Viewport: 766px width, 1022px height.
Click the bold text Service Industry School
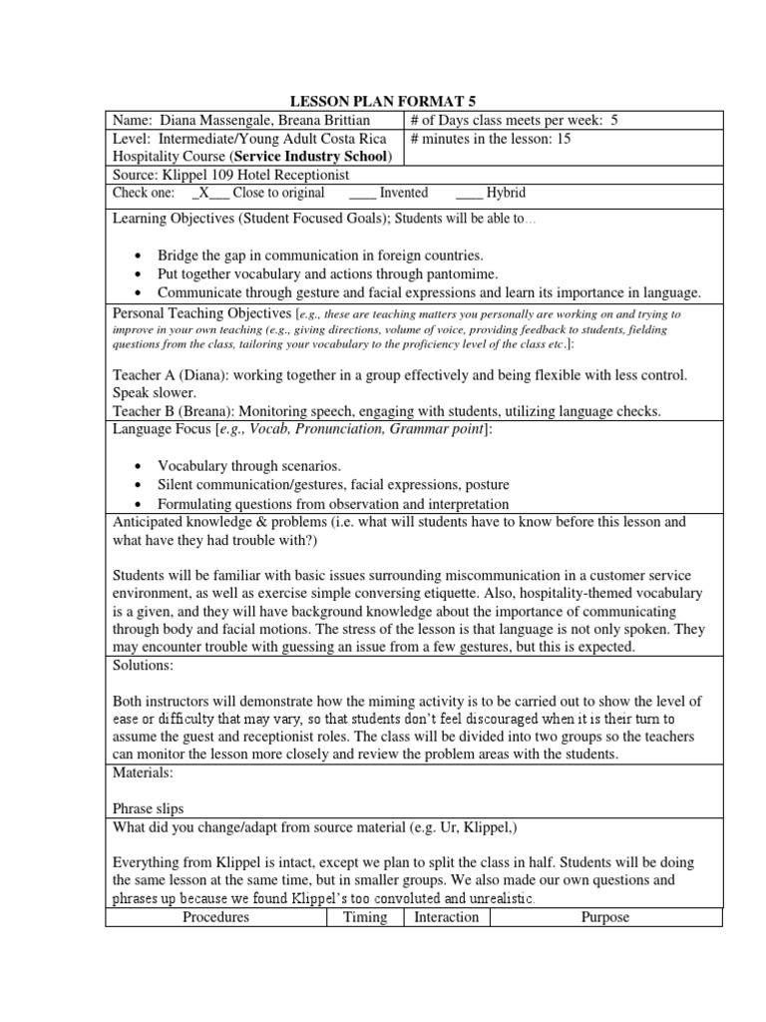[310, 157]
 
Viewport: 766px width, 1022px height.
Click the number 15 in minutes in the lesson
[564, 139]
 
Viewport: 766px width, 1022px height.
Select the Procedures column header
[215, 916]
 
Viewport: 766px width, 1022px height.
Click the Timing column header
[365, 916]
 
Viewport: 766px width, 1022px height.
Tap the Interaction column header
[446, 916]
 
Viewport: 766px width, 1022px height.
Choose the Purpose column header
[604, 916]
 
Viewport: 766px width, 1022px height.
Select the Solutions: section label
[143, 664]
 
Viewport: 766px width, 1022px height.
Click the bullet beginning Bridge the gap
[319, 255]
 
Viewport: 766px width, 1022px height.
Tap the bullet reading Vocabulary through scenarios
[248, 466]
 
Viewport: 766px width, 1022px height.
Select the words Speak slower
[151, 393]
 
